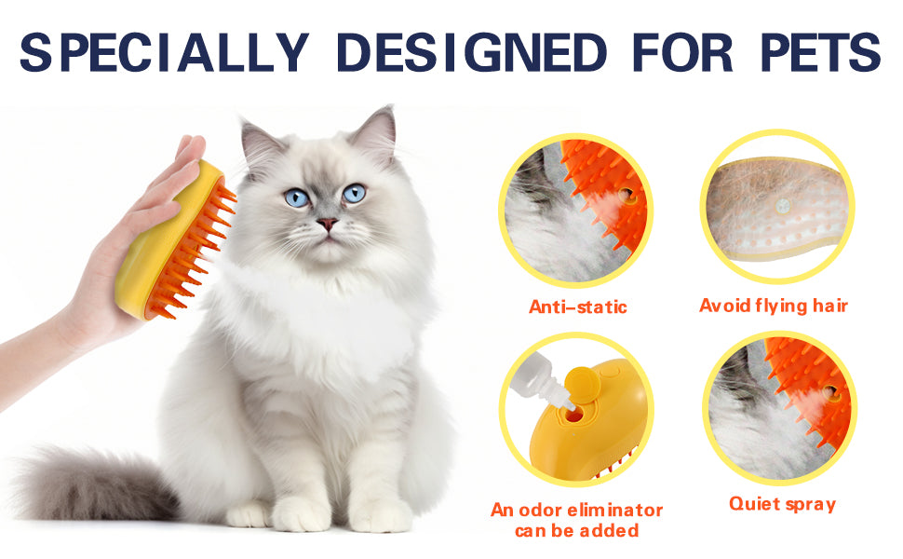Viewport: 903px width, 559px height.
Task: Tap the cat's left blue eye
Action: pyautogui.click(x=295, y=198)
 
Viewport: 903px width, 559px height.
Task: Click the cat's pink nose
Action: pyautogui.click(x=327, y=225)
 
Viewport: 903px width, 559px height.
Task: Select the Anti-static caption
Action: pyautogui.click(x=577, y=307)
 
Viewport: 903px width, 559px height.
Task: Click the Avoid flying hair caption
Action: pyautogui.click(x=774, y=305)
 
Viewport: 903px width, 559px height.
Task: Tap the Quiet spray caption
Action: pyautogui.click(x=781, y=504)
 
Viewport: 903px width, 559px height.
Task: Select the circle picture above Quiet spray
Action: pyautogui.click(x=780, y=407)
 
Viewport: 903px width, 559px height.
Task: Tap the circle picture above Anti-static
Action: pyautogui.click(x=577, y=209)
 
